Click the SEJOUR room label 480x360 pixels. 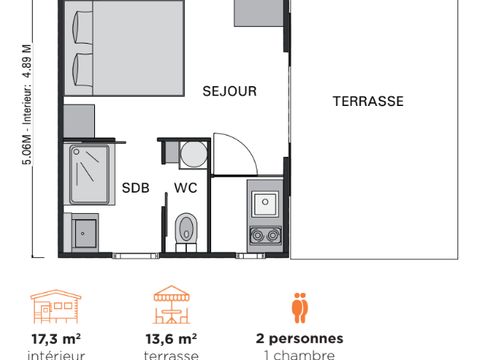(229, 91)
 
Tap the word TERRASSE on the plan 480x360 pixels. (368, 101)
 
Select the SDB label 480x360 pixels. (135, 187)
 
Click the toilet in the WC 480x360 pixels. (185, 228)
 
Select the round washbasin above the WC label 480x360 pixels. (191, 153)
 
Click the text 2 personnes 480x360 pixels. (299, 338)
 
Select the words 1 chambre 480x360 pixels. (299, 354)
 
